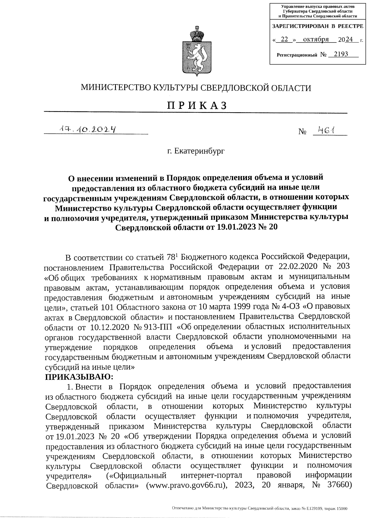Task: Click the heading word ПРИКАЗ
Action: (x=196, y=106)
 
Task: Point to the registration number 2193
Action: (x=338, y=54)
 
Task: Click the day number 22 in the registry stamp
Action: (x=285, y=40)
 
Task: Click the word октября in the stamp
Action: (x=315, y=40)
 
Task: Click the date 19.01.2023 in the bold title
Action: (x=228, y=228)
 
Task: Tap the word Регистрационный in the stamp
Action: (x=297, y=55)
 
